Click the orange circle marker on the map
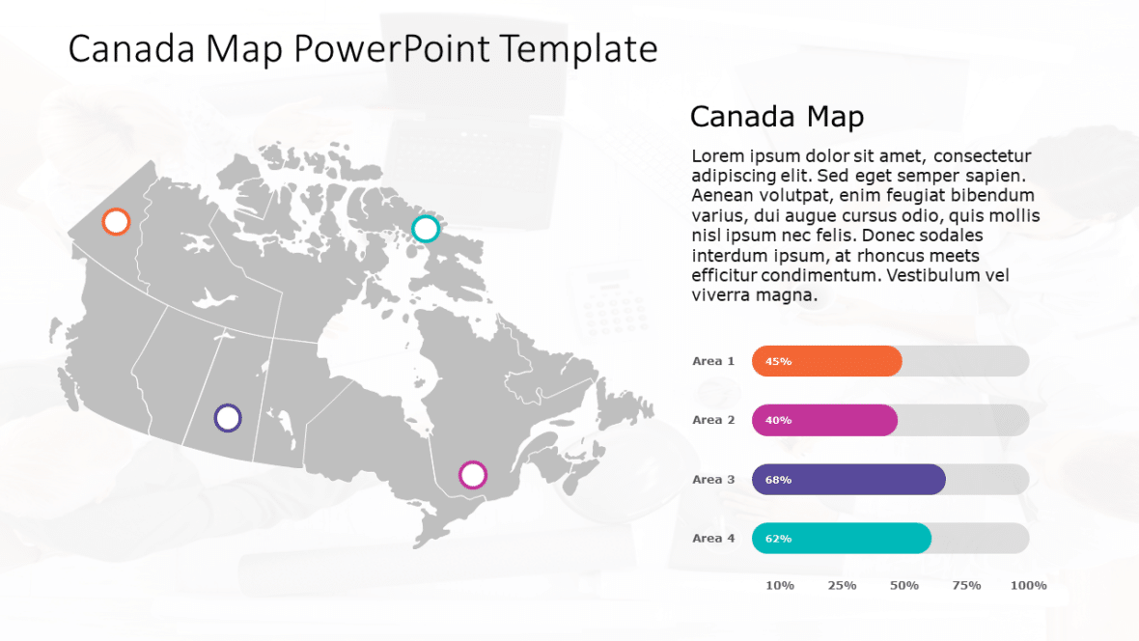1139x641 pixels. click(x=116, y=222)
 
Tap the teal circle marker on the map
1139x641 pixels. click(x=426, y=229)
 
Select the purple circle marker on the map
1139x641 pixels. click(x=228, y=418)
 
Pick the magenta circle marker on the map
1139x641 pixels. click(x=473, y=475)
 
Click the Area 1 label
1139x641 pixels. click(x=713, y=361)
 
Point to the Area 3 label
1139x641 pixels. click(x=713, y=480)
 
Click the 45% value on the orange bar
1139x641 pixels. click(x=778, y=362)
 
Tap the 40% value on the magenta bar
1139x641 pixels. click(x=778, y=421)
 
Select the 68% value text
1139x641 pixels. click(x=778, y=480)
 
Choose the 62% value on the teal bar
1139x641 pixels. click(x=778, y=539)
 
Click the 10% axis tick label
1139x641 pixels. click(x=780, y=586)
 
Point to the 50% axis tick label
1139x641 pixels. click(x=904, y=586)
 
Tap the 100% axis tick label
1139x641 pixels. click(x=1028, y=586)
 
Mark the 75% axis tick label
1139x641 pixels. click(x=966, y=586)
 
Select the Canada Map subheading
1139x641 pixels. click(x=776, y=117)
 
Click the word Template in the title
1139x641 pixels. click(x=577, y=49)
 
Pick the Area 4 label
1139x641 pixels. click(x=713, y=539)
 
